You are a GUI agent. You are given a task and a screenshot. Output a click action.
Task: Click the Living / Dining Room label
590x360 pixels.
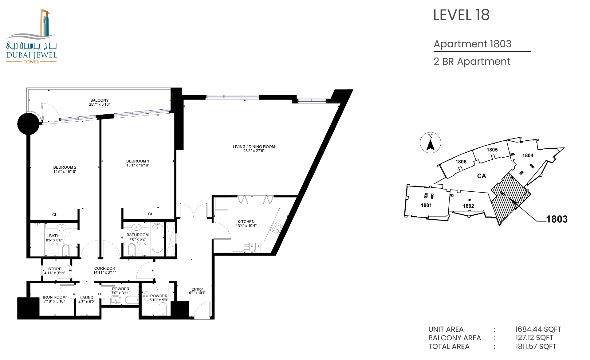(x=254, y=147)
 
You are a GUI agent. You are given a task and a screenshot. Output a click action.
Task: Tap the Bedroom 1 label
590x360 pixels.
(x=138, y=161)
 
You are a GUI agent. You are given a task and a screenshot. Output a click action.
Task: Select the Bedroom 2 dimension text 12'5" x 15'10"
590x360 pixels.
(x=65, y=172)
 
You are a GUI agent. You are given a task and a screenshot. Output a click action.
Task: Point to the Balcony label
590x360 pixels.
(x=100, y=100)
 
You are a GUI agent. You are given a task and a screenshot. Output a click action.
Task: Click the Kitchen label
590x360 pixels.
(x=246, y=222)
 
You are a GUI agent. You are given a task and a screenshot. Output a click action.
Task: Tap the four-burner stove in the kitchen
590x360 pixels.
(x=276, y=228)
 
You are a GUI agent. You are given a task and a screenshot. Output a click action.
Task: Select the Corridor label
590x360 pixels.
(x=105, y=268)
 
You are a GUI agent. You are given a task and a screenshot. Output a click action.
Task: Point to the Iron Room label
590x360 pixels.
(x=54, y=297)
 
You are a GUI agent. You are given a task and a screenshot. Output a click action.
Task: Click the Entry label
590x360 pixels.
(x=197, y=289)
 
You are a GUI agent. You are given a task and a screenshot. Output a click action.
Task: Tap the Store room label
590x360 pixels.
(x=55, y=269)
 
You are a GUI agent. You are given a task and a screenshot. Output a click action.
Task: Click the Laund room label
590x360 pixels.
(x=87, y=298)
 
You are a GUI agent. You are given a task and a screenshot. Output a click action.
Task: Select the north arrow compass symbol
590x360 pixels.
(x=431, y=143)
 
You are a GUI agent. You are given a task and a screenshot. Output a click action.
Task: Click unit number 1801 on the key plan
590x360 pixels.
(x=426, y=205)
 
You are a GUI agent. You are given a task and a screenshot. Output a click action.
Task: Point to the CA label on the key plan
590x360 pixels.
(x=482, y=176)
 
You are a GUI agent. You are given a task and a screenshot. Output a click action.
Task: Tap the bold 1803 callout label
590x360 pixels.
(x=557, y=219)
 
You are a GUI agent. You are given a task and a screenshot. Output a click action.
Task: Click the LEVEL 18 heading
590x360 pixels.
(x=461, y=15)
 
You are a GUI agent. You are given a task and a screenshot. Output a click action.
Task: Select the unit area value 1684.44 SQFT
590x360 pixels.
(x=538, y=329)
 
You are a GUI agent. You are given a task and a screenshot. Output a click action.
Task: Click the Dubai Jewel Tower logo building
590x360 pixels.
(x=45, y=23)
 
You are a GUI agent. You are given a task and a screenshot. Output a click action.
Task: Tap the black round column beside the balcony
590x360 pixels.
(x=28, y=124)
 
